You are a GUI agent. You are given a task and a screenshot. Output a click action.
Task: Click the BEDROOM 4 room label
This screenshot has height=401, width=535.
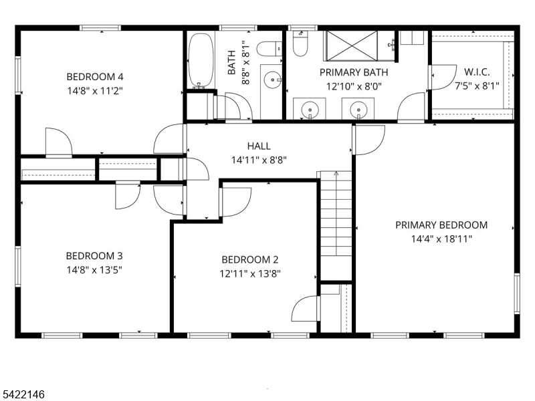coord(94,76)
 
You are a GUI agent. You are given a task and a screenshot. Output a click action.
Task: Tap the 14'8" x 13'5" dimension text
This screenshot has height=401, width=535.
coord(94,269)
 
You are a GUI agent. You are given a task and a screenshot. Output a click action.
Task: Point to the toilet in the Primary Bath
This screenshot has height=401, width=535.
coord(300,45)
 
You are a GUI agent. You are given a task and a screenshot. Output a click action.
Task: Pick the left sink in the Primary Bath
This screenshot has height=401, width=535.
coord(310,108)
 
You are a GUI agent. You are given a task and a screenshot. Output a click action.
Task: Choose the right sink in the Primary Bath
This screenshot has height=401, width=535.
coord(358,108)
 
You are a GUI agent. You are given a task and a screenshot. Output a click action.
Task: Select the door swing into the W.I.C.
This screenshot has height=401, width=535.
coord(440,77)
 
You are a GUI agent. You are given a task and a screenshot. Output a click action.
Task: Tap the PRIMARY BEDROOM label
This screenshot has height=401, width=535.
coord(441,225)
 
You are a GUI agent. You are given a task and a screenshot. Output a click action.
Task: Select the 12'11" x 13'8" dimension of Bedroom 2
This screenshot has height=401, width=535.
coord(249,273)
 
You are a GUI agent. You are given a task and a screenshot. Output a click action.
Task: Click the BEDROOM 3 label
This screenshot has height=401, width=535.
coord(94,256)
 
